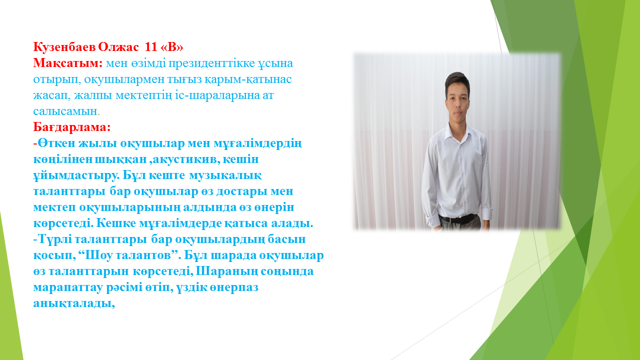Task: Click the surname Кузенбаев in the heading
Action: (x=64, y=47)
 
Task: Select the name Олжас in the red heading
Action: (x=118, y=47)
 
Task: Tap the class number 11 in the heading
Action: (x=151, y=47)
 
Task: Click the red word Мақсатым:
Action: (x=67, y=63)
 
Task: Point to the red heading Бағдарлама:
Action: (x=71, y=127)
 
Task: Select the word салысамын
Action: (x=65, y=111)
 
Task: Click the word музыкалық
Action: (x=225, y=175)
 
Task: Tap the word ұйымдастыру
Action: (x=76, y=175)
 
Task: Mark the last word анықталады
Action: (x=73, y=303)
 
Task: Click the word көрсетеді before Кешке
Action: (x=63, y=223)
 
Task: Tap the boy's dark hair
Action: (x=457, y=81)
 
